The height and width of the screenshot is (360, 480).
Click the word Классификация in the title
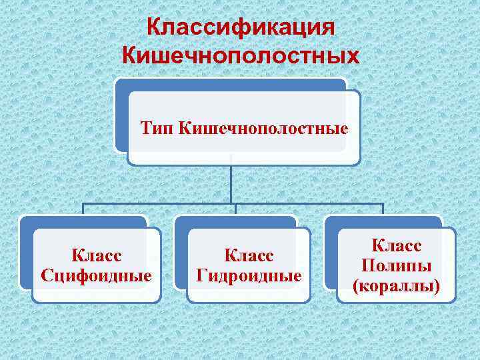coord(240,28)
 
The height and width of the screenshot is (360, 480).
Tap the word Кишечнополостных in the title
coord(240,55)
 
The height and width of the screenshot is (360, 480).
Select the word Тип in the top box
coord(157,127)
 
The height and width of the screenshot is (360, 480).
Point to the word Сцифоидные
coord(96,275)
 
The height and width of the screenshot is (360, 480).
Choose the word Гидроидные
coord(249,275)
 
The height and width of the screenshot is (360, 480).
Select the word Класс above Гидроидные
coord(249,255)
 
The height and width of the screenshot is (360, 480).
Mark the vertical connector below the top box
coord(231,183)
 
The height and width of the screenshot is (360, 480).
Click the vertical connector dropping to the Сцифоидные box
coord(83,209)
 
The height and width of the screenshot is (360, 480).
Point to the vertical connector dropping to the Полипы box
coord(383,209)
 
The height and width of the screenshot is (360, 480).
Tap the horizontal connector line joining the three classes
coord(160,203)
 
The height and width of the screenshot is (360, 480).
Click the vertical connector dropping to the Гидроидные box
coord(232,209)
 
